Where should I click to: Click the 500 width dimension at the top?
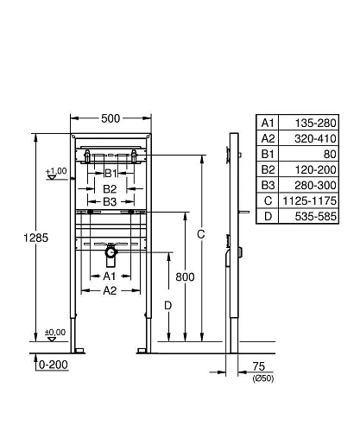pos(111,118)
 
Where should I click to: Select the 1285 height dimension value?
pos(35,238)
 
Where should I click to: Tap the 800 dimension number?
pos(185,277)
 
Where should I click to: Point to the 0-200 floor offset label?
pos(54,365)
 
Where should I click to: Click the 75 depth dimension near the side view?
pos(258,366)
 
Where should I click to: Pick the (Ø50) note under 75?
pos(263,378)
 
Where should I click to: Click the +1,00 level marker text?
pos(56,171)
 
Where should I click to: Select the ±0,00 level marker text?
pos(55,333)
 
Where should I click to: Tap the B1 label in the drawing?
pos(111,174)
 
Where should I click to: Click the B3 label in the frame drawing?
pos(110,202)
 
